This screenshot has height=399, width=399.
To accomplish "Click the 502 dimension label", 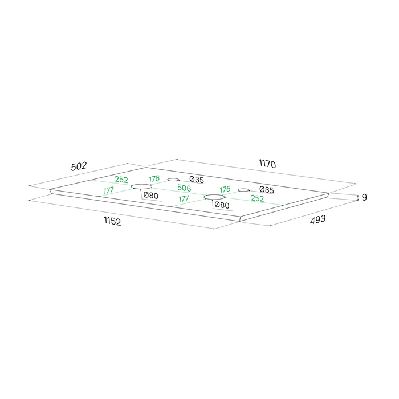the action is coord(79,166).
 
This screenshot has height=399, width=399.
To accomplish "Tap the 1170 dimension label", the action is coord(267,164).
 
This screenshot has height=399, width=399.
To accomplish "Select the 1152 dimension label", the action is coord(112,221).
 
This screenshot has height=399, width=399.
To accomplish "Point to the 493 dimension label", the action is coord(318,219).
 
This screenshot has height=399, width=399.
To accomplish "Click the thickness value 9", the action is coord(364,197).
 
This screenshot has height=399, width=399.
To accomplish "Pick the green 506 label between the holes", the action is coord(184,188).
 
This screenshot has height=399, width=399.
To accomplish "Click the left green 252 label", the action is coord(121,180).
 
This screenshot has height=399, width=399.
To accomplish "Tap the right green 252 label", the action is coord(257,198).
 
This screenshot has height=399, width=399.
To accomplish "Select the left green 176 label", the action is coord(154,179).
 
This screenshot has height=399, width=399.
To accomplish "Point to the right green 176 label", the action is coord(225,189).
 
